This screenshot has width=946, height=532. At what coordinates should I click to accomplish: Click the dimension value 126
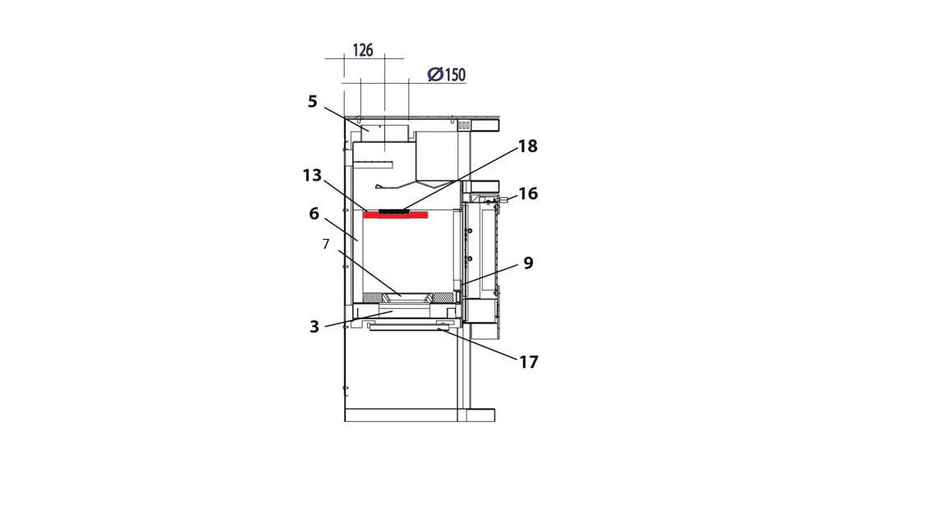pos(363,50)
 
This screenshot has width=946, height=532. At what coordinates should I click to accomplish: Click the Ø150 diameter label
pos(447,74)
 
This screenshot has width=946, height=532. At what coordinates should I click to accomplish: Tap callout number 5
pos(312,101)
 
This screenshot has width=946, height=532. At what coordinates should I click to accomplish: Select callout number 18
pos(527,146)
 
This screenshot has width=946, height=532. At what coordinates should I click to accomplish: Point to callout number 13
pos(312,175)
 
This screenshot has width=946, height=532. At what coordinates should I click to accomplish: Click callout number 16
pos(528,194)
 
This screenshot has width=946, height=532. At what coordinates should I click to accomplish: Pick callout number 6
pos(314,213)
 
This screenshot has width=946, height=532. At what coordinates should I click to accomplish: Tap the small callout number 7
pos(326,244)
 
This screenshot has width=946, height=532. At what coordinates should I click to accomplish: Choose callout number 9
pos(529,263)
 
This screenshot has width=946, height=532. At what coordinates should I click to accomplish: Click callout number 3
pos(315,326)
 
